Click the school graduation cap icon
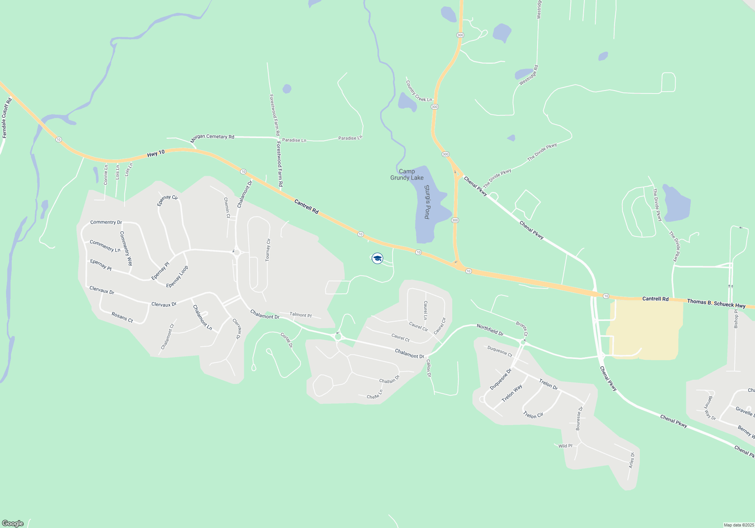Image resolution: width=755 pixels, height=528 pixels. pyautogui.click(x=377, y=258)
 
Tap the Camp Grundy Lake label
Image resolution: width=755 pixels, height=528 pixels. pyautogui.click(x=407, y=175)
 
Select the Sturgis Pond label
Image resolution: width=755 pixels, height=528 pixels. pyautogui.click(x=427, y=202)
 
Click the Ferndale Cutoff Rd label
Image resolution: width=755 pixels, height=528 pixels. pyautogui.click(x=7, y=118)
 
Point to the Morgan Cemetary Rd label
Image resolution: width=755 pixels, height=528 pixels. pyautogui.click(x=212, y=138)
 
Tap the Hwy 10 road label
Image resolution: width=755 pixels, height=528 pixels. pyautogui.click(x=156, y=153)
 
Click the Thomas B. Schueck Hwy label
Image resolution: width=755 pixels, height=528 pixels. pyautogui.click(x=716, y=304)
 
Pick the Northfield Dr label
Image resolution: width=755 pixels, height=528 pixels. pyautogui.click(x=490, y=330)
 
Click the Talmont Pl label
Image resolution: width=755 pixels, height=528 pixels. pyautogui.click(x=300, y=315)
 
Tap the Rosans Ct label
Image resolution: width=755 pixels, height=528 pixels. pyautogui.click(x=122, y=317)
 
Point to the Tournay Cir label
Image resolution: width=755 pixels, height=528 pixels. pyautogui.click(x=268, y=250)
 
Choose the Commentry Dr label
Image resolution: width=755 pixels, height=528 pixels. pyautogui.click(x=106, y=222)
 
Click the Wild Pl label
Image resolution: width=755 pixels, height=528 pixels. pyautogui.click(x=565, y=446)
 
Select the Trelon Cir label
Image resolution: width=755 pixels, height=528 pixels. pyautogui.click(x=533, y=415)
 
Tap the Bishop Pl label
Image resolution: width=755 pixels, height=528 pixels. pyautogui.click(x=736, y=319)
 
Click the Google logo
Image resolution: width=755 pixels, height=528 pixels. pyautogui.click(x=13, y=523)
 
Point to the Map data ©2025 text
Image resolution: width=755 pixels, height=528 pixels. pyautogui.click(x=738, y=525)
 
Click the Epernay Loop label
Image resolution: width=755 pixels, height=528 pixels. pyautogui.click(x=177, y=277)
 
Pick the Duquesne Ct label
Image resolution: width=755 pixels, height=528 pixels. pyautogui.click(x=499, y=351)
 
